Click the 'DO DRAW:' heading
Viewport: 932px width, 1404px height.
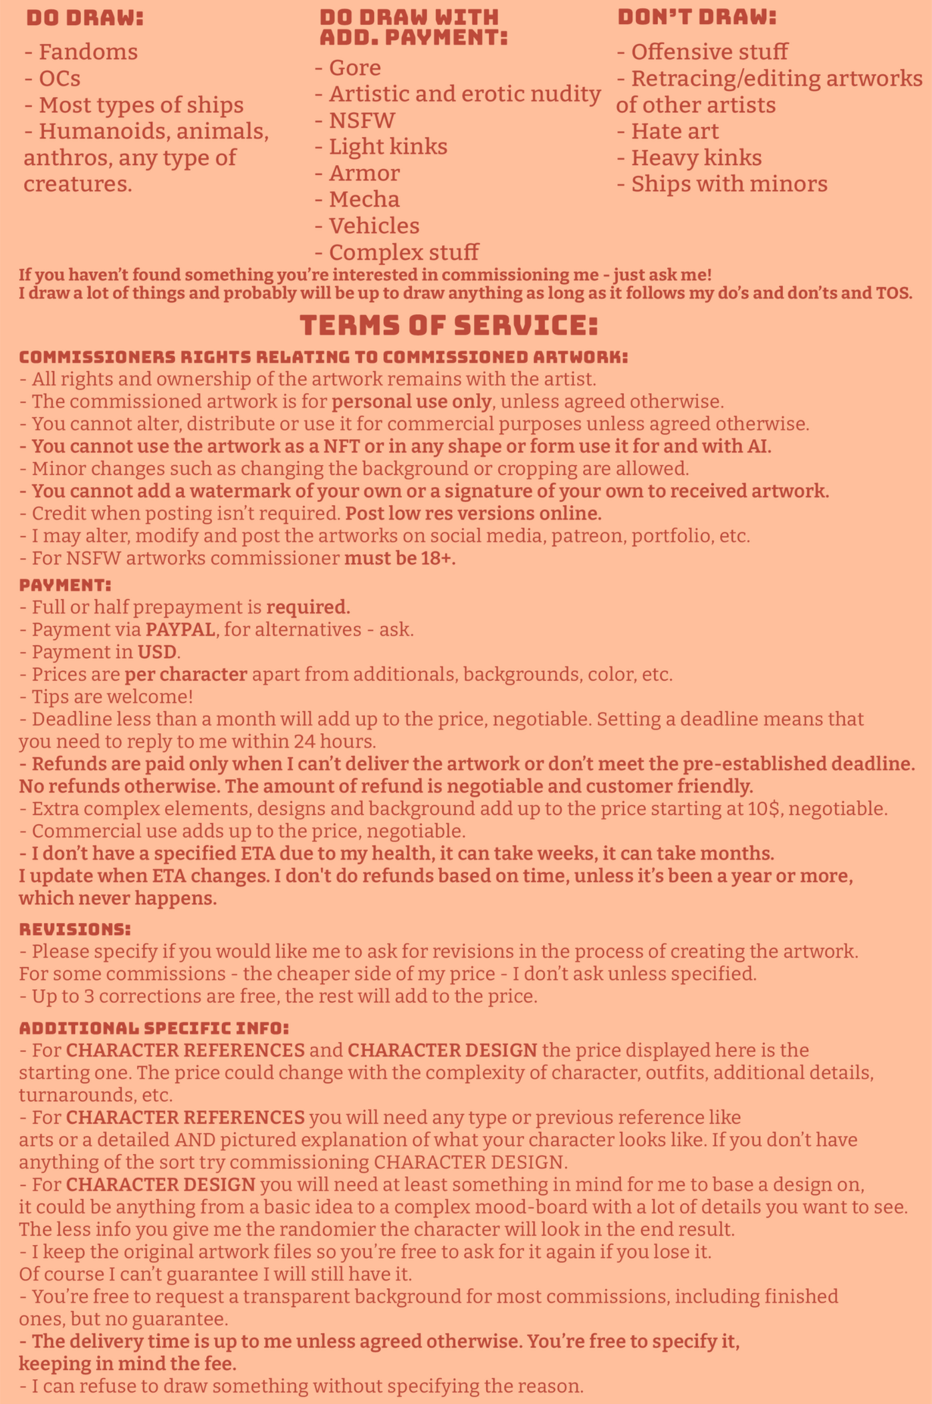(85, 18)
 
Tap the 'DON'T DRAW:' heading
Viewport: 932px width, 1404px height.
(697, 17)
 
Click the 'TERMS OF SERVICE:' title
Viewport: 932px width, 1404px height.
(448, 326)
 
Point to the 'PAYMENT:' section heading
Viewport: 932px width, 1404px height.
(65, 585)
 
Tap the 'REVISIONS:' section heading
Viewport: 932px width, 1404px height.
(74, 930)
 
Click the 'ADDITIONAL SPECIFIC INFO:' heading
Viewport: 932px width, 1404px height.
(154, 1028)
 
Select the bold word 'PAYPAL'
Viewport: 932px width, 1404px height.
(181, 629)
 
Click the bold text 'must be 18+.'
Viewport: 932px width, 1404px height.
(400, 558)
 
